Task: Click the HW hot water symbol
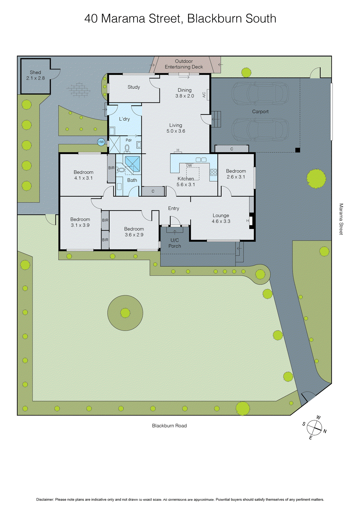101,142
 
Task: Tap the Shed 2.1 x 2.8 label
35,75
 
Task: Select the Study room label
134,87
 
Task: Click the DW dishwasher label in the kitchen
189,165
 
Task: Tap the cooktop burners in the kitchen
214,172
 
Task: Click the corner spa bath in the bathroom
132,164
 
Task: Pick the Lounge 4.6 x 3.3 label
221,218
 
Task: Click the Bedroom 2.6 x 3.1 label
236,174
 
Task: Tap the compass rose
314,428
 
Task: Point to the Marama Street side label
341,219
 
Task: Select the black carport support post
298,150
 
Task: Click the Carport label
260,112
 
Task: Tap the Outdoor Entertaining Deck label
184,64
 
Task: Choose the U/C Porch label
175,243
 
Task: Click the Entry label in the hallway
173,208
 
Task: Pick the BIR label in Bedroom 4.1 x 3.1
111,168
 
